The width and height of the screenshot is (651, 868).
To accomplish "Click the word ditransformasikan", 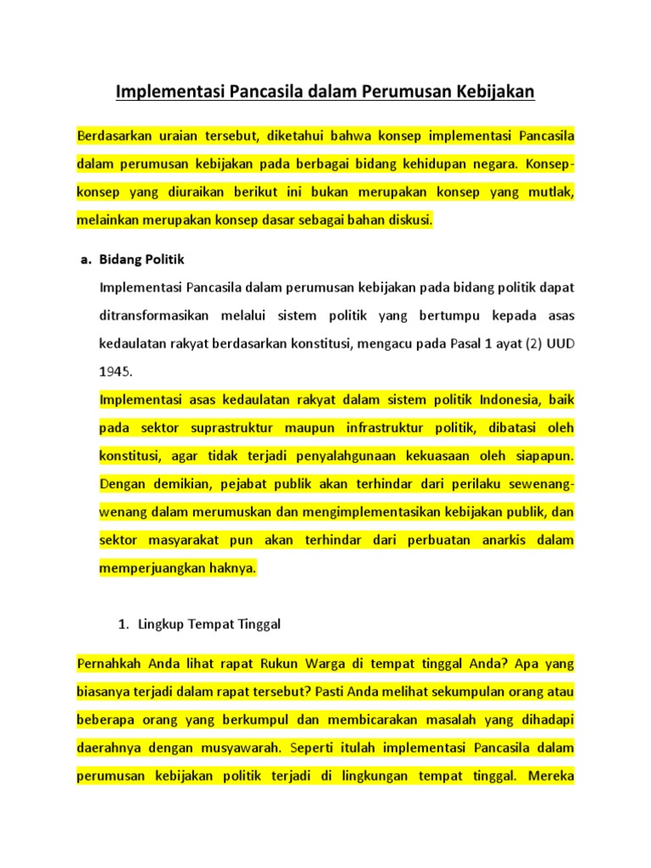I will (x=155, y=315).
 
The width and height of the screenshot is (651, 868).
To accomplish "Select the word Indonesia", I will (x=480, y=399).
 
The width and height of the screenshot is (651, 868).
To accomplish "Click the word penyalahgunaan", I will (x=345, y=455).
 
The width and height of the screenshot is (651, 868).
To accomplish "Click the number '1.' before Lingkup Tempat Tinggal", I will (x=122, y=624).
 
